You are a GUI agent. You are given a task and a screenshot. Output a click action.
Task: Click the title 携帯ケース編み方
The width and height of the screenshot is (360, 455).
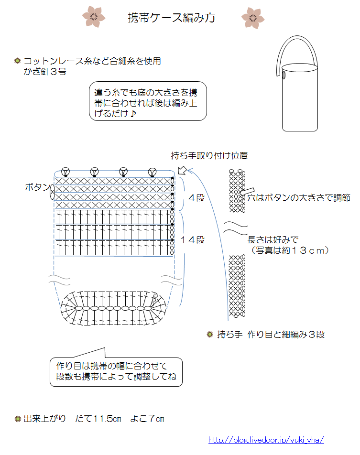click(171, 18)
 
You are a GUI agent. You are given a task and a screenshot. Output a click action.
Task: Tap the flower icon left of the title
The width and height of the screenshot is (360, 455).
click(94, 16)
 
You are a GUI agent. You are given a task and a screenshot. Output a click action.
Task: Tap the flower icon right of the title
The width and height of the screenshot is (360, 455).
click(252, 17)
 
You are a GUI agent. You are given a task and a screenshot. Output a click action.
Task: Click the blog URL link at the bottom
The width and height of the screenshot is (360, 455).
click(266, 440)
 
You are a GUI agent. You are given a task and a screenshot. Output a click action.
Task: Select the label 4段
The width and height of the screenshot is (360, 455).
click(196, 197)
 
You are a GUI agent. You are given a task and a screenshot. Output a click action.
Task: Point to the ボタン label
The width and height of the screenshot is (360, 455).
click(37, 187)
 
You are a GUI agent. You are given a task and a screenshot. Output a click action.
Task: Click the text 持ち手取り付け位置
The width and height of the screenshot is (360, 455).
click(209, 156)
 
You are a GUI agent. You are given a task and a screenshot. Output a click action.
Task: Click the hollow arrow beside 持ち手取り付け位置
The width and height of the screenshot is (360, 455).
click(182, 170)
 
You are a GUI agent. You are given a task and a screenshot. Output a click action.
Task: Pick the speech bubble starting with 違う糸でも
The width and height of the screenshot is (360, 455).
click(148, 102)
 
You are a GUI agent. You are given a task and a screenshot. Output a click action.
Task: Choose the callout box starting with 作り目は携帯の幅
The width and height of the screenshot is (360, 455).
click(116, 371)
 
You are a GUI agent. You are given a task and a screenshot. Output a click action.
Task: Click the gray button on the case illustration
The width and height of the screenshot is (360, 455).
click(284, 75)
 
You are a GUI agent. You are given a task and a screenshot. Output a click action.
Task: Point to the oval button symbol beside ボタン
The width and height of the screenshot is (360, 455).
click(52, 192)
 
